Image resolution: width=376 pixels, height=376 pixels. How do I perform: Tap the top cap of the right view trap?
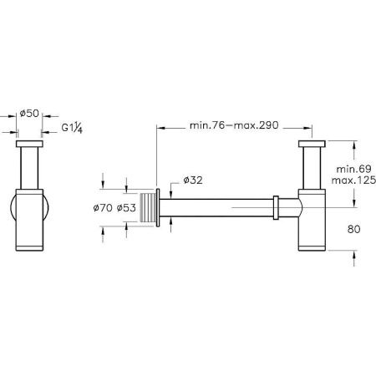311,145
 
